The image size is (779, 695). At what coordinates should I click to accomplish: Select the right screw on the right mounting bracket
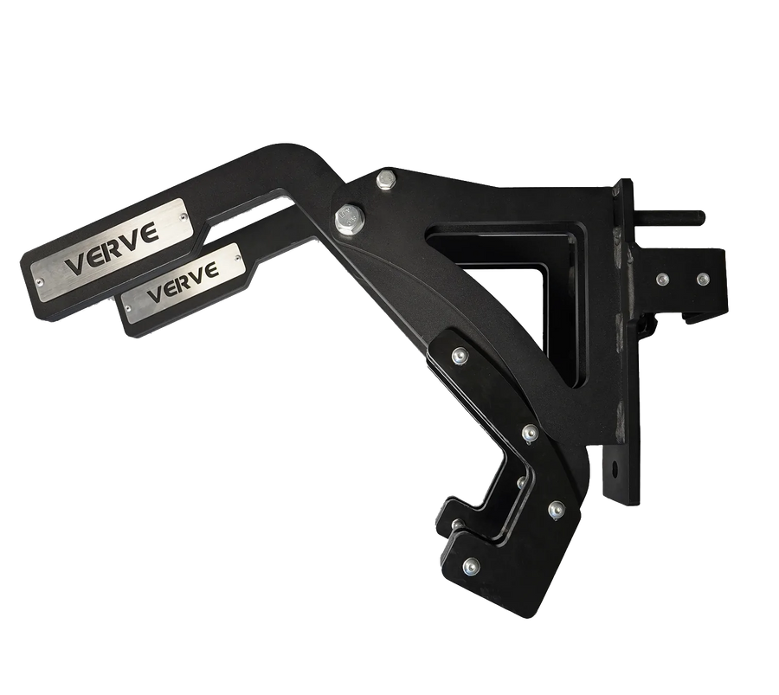pyautogui.click(x=702, y=279)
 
